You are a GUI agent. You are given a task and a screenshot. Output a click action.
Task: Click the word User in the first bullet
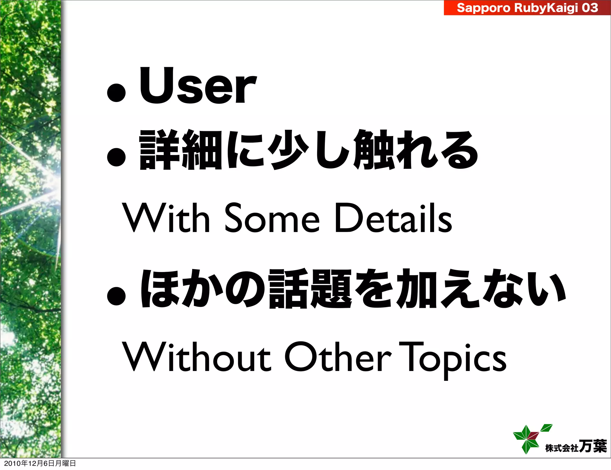click(198, 86)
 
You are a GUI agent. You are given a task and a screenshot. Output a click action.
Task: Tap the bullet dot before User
click(116, 92)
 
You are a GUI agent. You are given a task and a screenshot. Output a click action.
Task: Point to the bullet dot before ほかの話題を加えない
click(116, 296)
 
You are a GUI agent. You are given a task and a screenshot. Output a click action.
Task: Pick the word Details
click(393, 218)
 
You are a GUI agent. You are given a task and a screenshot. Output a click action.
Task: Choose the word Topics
click(453, 359)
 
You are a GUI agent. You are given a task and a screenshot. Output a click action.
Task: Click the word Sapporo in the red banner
click(483, 8)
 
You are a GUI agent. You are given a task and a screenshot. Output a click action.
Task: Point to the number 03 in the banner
click(590, 8)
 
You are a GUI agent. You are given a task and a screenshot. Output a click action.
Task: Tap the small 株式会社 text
click(561, 448)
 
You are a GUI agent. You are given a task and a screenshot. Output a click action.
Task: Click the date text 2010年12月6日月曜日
click(40, 463)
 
